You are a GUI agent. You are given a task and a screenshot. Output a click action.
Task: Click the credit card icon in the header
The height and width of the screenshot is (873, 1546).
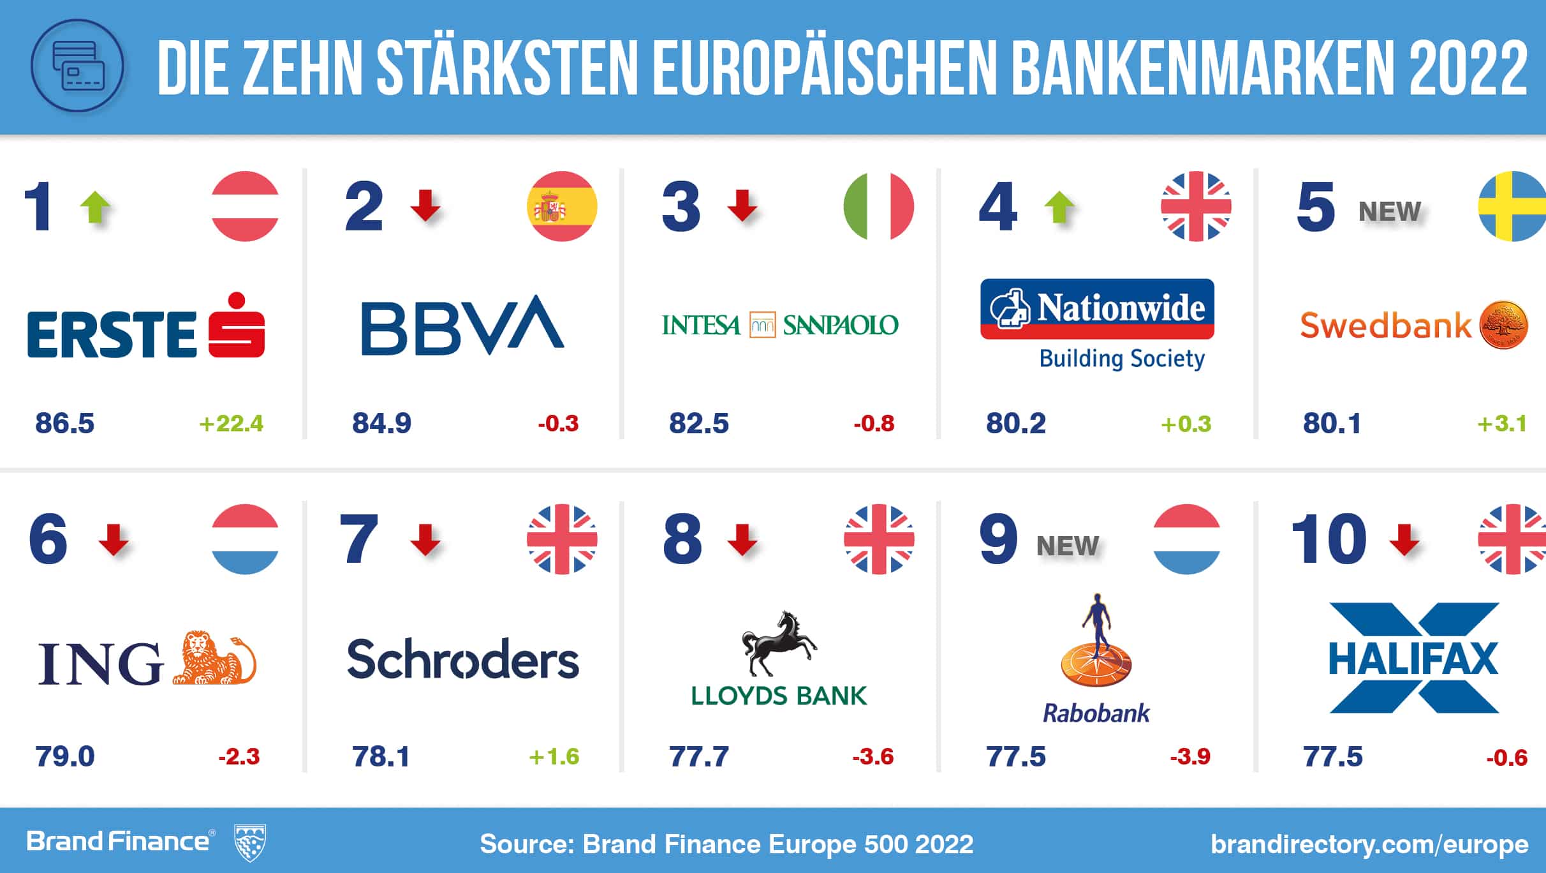click(x=77, y=66)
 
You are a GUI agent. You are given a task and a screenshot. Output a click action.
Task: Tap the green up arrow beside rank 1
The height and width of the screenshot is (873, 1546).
click(x=96, y=207)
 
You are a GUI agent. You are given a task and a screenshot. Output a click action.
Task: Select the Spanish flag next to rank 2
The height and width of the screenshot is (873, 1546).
click(x=562, y=206)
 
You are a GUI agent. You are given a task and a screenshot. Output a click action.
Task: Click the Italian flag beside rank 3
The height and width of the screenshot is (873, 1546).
click(x=878, y=206)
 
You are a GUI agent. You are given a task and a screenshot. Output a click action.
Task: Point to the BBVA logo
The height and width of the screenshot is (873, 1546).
click(x=462, y=325)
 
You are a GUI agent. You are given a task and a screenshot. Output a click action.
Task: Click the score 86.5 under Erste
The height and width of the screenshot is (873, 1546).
click(x=64, y=423)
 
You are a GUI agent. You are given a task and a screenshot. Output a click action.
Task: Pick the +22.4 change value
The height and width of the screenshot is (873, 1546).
click(x=231, y=424)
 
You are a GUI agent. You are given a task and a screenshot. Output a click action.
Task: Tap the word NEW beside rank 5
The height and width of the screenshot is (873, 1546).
click(x=1390, y=211)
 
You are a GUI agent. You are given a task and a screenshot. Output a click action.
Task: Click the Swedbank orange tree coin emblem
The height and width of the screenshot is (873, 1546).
click(x=1503, y=325)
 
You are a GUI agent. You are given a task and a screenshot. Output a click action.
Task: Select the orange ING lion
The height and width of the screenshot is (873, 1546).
click(x=214, y=659)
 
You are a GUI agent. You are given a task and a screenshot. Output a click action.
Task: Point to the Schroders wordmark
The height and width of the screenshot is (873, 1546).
click(x=463, y=659)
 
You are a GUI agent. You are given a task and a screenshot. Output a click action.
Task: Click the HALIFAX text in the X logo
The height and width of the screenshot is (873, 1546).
click(x=1413, y=659)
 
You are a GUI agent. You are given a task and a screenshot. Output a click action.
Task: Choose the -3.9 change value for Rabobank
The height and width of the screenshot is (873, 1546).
click(x=1190, y=757)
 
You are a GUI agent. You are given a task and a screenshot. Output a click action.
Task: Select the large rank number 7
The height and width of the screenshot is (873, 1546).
click(x=359, y=540)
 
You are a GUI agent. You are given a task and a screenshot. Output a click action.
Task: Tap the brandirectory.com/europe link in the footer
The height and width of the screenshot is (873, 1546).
click(x=1369, y=844)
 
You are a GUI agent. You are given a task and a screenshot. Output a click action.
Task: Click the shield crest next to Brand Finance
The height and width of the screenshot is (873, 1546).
click(x=250, y=842)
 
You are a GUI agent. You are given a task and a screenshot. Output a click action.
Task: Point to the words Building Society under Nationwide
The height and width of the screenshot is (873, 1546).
click(x=1122, y=359)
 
